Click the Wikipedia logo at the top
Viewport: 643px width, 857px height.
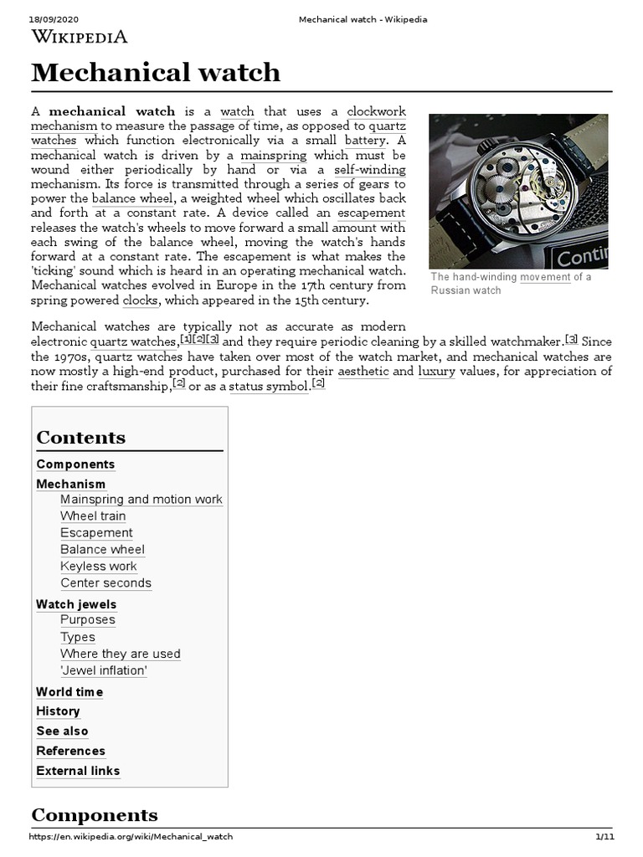tap(80, 36)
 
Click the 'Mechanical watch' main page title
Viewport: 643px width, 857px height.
tap(156, 73)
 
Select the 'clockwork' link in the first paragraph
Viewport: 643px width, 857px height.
tap(376, 110)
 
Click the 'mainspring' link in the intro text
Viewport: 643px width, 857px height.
tap(273, 155)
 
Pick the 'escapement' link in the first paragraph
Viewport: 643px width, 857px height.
tap(371, 213)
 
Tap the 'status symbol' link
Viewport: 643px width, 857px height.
tap(267, 386)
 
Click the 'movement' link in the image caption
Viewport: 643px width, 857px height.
tap(545, 277)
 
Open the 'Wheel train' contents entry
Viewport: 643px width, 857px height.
tap(93, 516)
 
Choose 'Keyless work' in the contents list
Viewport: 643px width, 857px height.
tap(98, 567)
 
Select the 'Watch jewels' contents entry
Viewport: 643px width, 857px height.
tap(76, 604)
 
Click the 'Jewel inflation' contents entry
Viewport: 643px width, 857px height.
tap(104, 670)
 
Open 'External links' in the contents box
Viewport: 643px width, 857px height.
tap(78, 771)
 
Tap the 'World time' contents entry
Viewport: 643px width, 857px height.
tap(69, 692)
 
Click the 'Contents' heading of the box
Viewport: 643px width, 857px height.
tap(81, 438)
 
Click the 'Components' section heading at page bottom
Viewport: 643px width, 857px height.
tap(94, 815)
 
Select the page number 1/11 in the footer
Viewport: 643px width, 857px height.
tap(604, 837)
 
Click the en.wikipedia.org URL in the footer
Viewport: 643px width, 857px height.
tap(131, 837)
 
